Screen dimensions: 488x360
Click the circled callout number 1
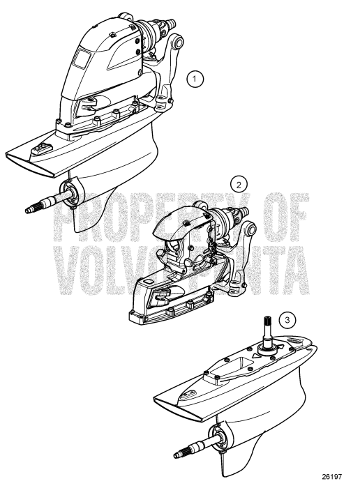(198, 79)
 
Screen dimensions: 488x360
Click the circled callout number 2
(239, 185)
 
